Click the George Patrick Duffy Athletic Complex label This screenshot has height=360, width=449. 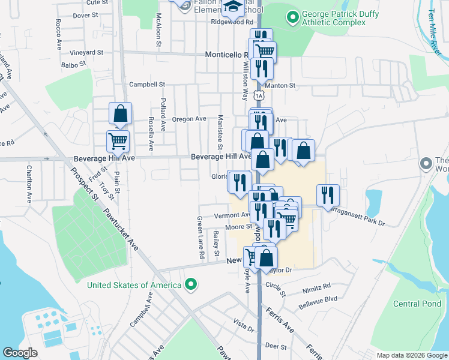pyautogui.click(x=333, y=18)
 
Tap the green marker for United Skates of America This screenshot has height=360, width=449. pyautogui.click(x=191, y=284)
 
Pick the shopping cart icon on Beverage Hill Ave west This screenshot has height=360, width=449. pyautogui.click(x=118, y=142)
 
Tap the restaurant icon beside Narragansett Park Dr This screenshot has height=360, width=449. pyautogui.click(x=328, y=194)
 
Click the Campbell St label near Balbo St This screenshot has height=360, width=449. pyautogui.click(x=146, y=85)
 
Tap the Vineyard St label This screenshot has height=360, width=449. pyautogui.click(x=86, y=53)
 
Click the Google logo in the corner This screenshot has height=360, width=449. pyautogui.click(x=20, y=353)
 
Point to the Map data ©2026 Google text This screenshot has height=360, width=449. pyautogui.click(x=411, y=355)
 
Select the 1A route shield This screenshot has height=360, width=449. pyautogui.click(x=258, y=95)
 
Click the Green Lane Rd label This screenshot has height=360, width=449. pyautogui.click(x=201, y=238)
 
